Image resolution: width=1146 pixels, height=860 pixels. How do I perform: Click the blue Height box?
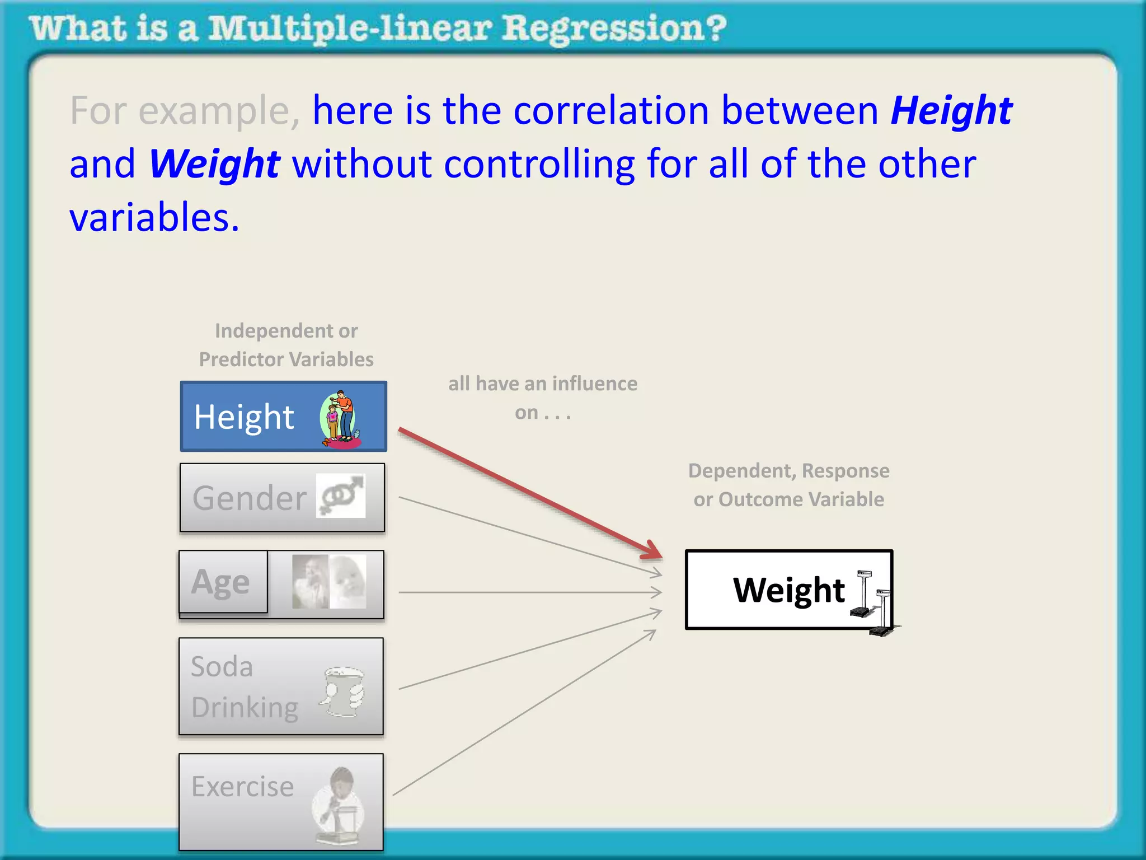tap(283, 417)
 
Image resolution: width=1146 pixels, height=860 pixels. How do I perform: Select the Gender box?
tap(282, 498)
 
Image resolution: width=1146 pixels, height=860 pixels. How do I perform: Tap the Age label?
tap(221, 582)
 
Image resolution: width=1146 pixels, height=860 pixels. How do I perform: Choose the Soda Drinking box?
tap(281, 686)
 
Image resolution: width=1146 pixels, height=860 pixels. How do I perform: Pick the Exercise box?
tap(281, 802)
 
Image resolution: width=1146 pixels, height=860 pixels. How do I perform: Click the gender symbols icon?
tap(341, 496)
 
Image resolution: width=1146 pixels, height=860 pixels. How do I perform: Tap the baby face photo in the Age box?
tap(347, 582)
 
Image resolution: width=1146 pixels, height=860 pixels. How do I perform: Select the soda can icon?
tap(342, 691)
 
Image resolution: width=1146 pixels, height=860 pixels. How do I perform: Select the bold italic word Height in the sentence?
tap(951, 110)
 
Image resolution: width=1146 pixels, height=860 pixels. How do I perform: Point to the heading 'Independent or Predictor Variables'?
tap(286, 345)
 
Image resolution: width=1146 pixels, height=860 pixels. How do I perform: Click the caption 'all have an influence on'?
tap(542, 398)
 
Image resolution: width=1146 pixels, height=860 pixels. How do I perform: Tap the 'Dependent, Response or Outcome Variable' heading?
tap(788, 485)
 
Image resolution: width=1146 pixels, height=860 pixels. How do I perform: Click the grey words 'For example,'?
tap(185, 110)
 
